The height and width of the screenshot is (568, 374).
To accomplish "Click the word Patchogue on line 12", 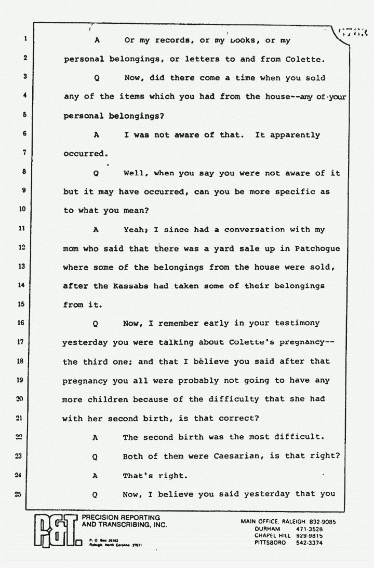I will (317, 248).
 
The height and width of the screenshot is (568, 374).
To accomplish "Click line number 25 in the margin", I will (17, 494).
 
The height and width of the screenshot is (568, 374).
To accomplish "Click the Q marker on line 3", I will (96, 78).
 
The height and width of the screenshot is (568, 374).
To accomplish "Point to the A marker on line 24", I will (96, 476).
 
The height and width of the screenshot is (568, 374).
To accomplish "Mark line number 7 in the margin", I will (24, 154).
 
